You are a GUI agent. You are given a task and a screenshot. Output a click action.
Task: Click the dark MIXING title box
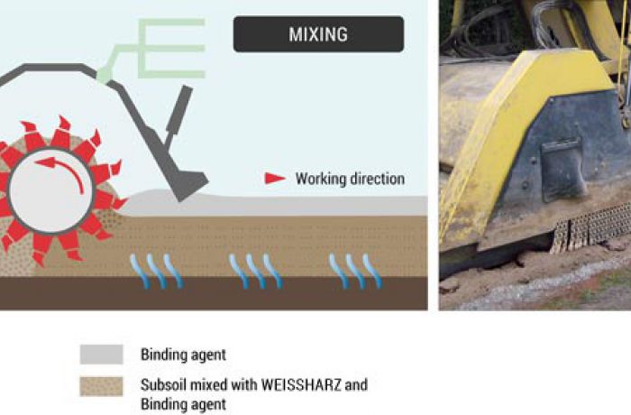tap(318, 34)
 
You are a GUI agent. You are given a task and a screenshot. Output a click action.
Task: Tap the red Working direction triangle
tap(275, 178)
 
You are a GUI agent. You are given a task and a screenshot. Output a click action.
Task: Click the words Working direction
tap(350, 179)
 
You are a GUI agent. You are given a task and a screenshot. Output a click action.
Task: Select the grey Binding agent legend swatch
tap(101, 355)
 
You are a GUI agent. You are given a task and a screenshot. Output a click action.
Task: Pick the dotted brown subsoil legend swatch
tap(101, 386)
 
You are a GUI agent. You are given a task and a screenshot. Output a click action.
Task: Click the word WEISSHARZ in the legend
tap(301, 385)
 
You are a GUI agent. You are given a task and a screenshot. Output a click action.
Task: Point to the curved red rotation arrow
tap(64, 171)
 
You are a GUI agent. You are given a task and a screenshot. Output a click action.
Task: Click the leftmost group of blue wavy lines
tap(156, 271)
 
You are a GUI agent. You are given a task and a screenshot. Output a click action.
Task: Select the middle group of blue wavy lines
tap(255, 271)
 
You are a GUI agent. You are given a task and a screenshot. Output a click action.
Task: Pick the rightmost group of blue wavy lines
tap(355, 271)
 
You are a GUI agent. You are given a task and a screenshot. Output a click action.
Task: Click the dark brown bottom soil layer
tap(214, 293)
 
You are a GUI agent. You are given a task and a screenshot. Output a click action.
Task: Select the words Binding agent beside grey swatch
tap(183, 355)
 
